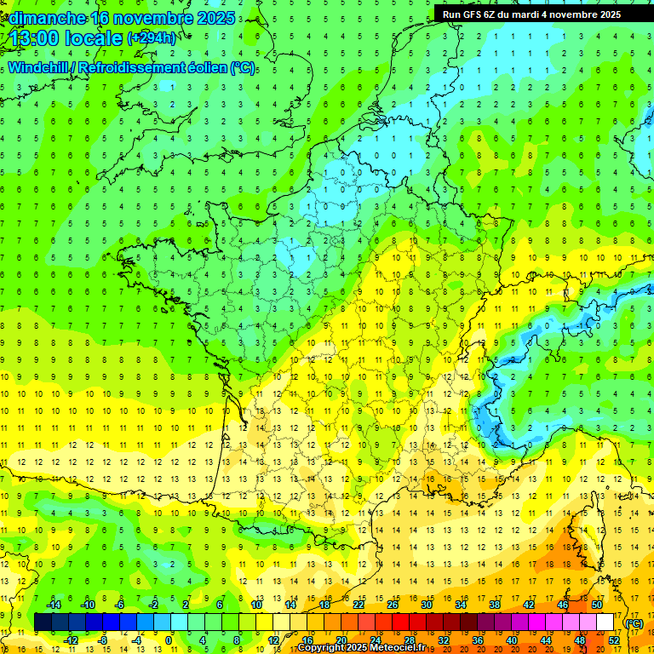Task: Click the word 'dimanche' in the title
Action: (45, 18)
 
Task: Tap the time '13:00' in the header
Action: (33, 38)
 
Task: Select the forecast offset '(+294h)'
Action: (152, 38)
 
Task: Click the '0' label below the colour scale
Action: (169, 640)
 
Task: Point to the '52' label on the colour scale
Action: (614, 640)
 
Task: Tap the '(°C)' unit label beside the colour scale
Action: (634, 622)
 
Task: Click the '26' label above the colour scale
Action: (393, 605)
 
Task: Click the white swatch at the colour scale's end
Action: (605, 622)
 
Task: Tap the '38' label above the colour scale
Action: (495, 605)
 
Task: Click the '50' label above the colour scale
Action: (597, 605)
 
